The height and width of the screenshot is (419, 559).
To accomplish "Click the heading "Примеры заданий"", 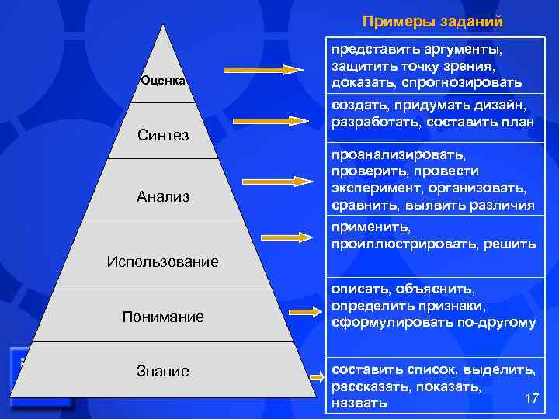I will click(x=432, y=21).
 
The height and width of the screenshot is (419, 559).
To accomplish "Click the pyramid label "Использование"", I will click(x=163, y=261).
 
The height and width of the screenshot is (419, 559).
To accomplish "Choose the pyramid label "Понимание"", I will click(x=163, y=317).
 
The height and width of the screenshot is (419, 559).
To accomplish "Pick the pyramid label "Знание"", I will click(x=163, y=371).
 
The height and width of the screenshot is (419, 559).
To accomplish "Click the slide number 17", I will click(x=532, y=398).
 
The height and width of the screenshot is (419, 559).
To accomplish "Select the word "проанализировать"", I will click(x=398, y=154).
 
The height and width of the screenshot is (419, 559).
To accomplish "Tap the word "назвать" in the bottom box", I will click(x=359, y=403).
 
